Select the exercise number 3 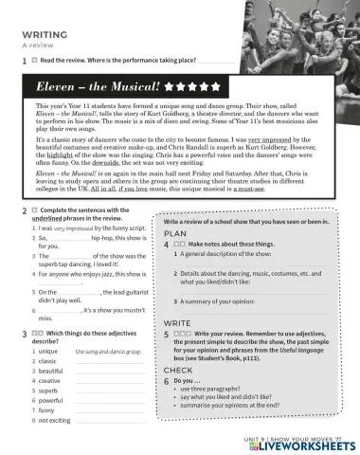pyautogui.click(x=23, y=335)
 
